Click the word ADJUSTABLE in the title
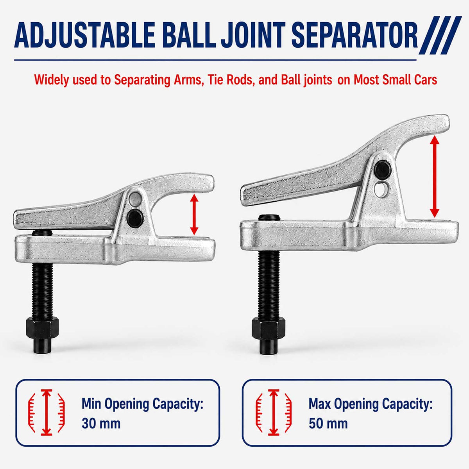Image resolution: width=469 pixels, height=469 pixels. [x=84, y=35]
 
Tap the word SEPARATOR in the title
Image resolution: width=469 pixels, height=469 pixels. [x=354, y=35]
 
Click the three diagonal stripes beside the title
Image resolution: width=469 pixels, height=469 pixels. [x=440, y=35]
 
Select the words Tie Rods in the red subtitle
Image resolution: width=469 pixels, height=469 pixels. [x=230, y=79]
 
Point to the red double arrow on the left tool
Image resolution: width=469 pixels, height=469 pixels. [x=194, y=215]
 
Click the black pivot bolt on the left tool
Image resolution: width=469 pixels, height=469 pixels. [x=135, y=218]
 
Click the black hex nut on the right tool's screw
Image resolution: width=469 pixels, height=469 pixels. [x=269, y=329]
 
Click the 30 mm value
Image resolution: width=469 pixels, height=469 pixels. [x=101, y=423]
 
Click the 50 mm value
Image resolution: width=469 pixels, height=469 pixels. [x=328, y=423]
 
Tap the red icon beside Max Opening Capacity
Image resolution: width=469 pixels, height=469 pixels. [x=274, y=412]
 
